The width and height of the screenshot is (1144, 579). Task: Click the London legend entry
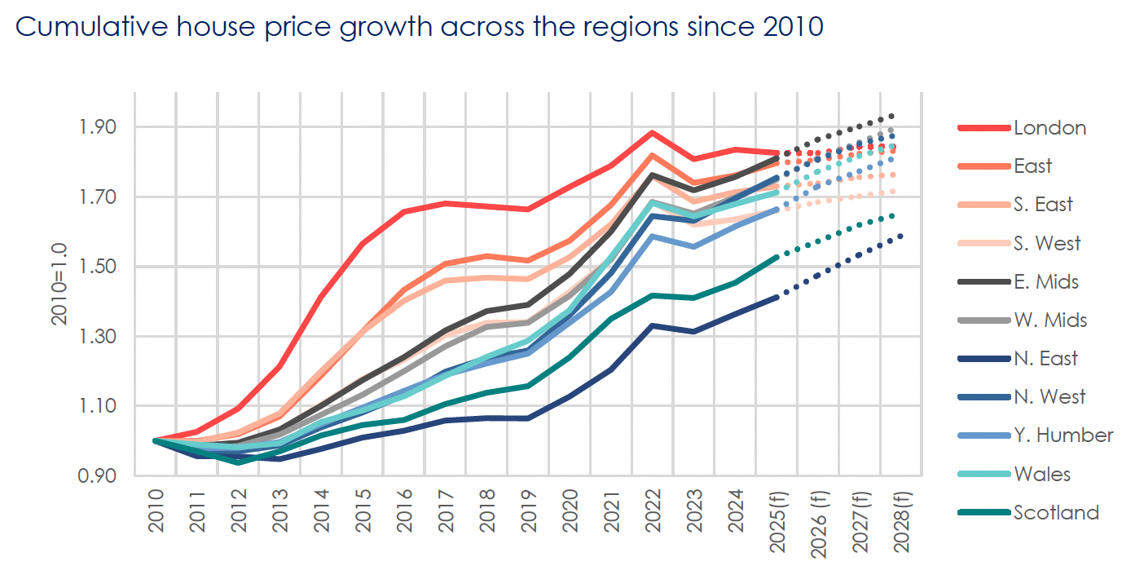[x=1049, y=127]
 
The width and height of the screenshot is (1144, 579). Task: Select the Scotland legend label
[x=1056, y=512]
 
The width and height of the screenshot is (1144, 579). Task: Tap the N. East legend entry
[x=1045, y=358]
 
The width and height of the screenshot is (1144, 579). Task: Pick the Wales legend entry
[x=1042, y=474]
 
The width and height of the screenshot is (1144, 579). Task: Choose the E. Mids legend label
[x=1046, y=281]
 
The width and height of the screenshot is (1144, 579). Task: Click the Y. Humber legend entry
[x=1063, y=435]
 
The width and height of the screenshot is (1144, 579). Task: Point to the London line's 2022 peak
[x=652, y=133]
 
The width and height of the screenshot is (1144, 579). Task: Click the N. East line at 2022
[x=652, y=325]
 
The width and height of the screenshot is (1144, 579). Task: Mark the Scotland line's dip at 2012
[x=239, y=462]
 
